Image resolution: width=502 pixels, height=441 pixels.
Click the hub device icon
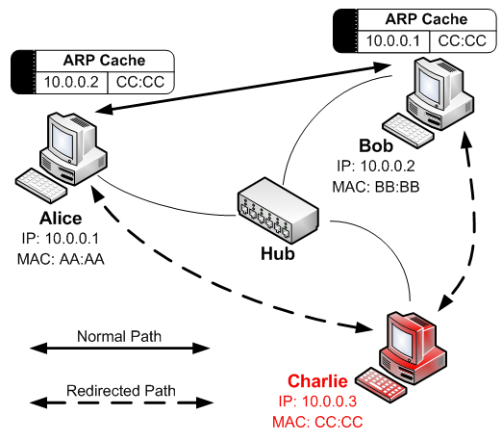tap(278, 210)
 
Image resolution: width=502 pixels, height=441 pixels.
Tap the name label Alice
tap(61, 219)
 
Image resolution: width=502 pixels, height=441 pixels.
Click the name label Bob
tap(376, 145)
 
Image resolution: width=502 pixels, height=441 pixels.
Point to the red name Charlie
tap(317, 381)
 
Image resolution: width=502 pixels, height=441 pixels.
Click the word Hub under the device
tap(278, 254)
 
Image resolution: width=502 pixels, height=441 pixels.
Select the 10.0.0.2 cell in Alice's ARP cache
tap(71, 82)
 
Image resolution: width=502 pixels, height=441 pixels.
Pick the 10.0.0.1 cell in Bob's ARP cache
tap(393, 41)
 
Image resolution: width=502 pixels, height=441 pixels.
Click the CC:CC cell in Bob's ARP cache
tap(463, 41)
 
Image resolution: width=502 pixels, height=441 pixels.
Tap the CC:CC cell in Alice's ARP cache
tap(140, 82)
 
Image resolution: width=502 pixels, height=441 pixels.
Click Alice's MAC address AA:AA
tap(82, 259)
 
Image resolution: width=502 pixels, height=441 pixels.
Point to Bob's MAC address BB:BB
tap(397, 187)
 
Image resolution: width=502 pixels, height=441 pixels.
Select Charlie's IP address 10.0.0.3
tap(329, 402)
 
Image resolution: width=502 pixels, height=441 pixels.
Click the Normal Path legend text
tap(119, 336)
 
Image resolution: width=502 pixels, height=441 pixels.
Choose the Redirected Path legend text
tap(121, 391)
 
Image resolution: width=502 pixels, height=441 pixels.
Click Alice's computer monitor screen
tap(63, 141)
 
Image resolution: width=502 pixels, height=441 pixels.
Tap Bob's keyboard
tap(408, 130)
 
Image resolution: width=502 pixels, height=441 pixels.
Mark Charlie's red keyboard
tap(382, 384)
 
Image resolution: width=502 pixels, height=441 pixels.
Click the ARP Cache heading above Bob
tap(426, 19)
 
